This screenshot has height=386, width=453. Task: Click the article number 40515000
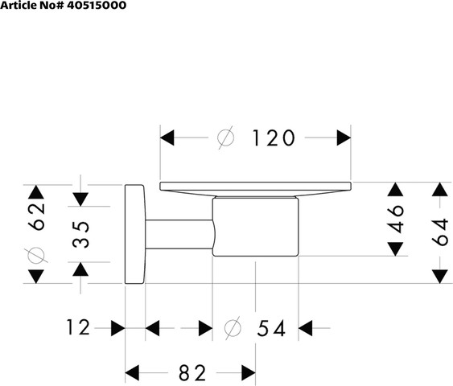[97, 5]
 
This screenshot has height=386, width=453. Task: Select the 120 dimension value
[274, 138]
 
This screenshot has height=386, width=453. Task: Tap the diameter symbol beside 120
[225, 138]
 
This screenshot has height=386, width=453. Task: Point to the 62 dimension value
[38, 216]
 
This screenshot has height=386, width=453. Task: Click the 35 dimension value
[80, 235]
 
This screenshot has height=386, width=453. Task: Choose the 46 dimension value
[395, 219]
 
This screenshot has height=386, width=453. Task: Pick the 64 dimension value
[440, 232]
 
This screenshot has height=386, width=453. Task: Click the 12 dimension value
[78, 327]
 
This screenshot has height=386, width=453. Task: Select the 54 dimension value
[271, 328]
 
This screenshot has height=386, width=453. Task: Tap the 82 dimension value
[192, 372]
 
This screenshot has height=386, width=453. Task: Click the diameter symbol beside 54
[233, 328]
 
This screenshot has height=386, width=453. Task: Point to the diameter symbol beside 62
[36, 255]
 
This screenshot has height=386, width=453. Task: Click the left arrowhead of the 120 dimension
[167, 138]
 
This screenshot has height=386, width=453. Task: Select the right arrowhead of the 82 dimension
[249, 372]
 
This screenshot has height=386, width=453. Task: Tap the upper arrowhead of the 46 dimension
[395, 190]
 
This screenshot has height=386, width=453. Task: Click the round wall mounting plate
[134, 234]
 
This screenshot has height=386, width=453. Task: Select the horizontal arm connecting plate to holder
[179, 234]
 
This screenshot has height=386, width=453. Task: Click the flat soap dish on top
[255, 188]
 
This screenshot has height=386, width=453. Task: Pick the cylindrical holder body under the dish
[255, 227]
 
